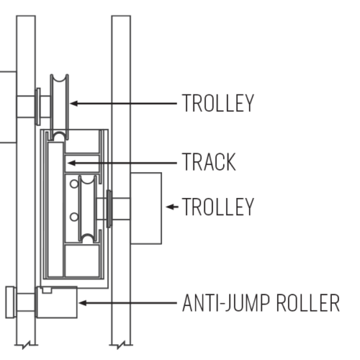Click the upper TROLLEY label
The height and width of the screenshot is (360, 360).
(x=218, y=103)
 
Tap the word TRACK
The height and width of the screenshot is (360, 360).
(x=209, y=162)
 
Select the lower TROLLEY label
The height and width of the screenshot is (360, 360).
(x=218, y=207)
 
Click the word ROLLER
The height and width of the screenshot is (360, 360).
(x=308, y=303)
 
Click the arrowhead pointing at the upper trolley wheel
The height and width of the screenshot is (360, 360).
(x=74, y=103)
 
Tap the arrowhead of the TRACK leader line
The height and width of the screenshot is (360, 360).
(x=71, y=163)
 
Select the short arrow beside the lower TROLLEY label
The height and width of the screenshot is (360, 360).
(x=172, y=207)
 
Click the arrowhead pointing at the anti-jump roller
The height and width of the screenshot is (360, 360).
(x=83, y=303)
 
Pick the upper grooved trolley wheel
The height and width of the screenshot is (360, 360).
(x=59, y=107)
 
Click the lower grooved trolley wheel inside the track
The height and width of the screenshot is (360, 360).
(x=88, y=209)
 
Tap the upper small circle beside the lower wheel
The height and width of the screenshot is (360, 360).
(x=74, y=184)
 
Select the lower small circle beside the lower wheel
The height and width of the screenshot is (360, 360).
(x=74, y=217)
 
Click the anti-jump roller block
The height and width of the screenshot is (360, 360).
(x=57, y=302)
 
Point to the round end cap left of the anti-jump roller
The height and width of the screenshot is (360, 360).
(x=11, y=302)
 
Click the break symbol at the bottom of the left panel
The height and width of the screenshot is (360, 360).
(x=26, y=345)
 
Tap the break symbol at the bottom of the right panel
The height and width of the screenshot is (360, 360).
(x=121, y=345)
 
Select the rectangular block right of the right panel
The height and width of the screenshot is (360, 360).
(x=146, y=208)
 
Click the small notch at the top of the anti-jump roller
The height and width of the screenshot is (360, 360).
(x=47, y=290)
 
